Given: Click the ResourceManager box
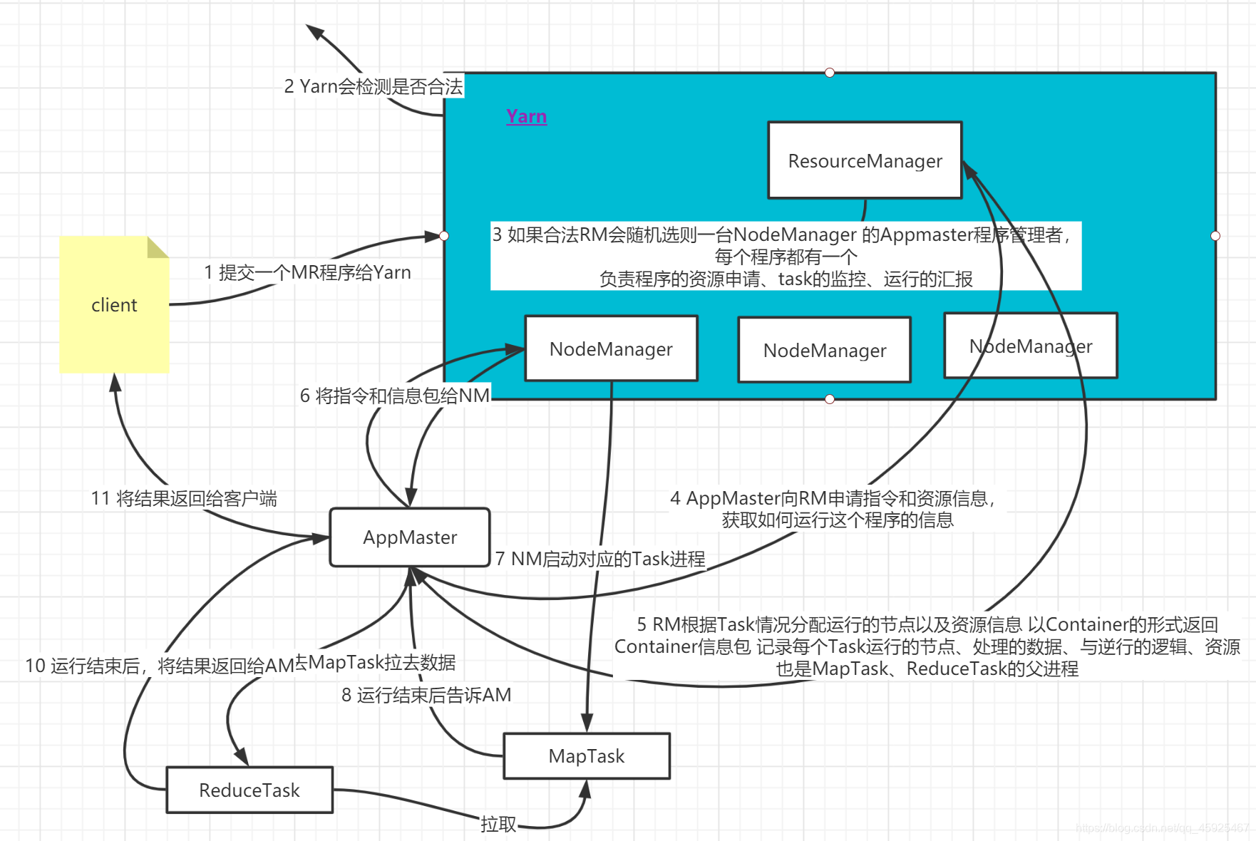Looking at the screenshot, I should click(865, 160).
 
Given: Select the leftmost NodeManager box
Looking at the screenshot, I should click(611, 349).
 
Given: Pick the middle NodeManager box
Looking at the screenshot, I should click(824, 350).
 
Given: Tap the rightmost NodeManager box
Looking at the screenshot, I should click(1030, 346).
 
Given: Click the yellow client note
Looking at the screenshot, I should click(114, 305).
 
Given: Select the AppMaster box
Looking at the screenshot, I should click(410, 537).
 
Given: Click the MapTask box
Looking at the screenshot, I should click(586, 756).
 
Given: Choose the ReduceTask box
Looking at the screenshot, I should click(249, 790).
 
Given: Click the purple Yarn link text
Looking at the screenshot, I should click(526, 116).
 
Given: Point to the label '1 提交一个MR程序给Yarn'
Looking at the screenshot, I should click(307, 272).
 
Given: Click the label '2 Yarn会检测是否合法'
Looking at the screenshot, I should click(374, 86).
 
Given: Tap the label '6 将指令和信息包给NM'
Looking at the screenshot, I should click(395, 396).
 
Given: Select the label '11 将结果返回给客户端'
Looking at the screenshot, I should click(184, 498).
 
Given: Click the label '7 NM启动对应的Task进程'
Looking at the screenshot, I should click(600, 559).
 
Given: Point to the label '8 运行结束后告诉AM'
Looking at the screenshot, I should click(426, 695).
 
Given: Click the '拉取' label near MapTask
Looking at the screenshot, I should click(498, 824).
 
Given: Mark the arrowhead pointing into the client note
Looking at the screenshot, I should click(115, 381).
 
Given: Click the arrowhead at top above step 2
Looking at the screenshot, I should click(314, 31).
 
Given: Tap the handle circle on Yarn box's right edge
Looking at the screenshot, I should click(1215, 236).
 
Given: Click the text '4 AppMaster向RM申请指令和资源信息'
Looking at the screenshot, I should click(831, 498).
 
